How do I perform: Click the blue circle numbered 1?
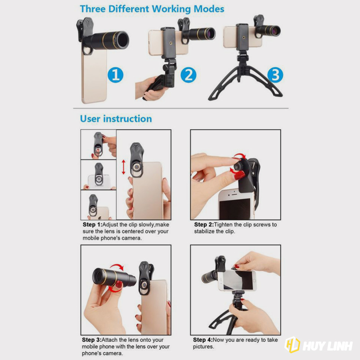click(116, 75)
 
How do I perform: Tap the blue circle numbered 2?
click(188, 75)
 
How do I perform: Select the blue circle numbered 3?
click(275, 75)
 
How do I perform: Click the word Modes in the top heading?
click(209, 9)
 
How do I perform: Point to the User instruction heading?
click(116, 119)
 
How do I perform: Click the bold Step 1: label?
click(92, 225)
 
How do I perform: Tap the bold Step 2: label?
click(204, 225)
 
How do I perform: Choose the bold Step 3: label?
click(92, 340)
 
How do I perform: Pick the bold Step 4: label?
click(203, 340)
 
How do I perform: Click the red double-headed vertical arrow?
click(123, 167)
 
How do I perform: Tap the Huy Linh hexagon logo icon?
click(292, 344)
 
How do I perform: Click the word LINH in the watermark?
click(339, 346)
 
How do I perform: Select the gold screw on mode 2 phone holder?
click(171, 43)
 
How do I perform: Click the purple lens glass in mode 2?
click(210, 33)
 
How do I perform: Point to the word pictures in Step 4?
click(203, 346)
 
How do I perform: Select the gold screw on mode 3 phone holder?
click(243, 37)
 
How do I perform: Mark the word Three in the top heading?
click(93, 9)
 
